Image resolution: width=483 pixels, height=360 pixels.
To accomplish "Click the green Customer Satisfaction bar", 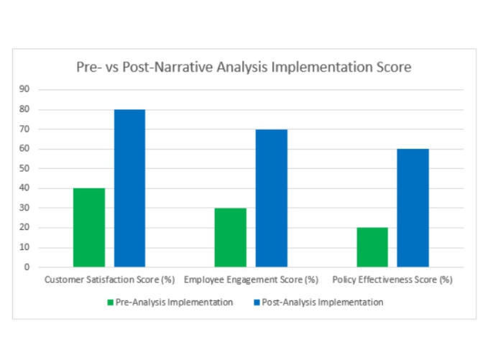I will [89, 228].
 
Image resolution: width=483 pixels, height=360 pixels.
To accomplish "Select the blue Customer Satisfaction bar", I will [129, 188].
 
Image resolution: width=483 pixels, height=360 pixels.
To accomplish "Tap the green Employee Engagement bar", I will [230, 238].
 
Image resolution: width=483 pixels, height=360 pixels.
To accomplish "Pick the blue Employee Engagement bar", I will [271, 198].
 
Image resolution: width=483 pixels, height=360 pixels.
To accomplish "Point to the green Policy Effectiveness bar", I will [372, 247].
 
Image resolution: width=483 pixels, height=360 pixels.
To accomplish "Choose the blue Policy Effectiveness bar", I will [413, 208].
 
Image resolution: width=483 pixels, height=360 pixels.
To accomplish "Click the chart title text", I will [244, 68].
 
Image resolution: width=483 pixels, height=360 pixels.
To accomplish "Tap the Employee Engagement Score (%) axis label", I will [252, 279].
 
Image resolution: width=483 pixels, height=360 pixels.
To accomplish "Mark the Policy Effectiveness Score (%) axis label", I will [392, 279].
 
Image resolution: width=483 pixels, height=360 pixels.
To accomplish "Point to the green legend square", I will [110, 303].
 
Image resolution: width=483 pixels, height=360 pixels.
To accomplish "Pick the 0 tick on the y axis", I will [27, 267].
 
